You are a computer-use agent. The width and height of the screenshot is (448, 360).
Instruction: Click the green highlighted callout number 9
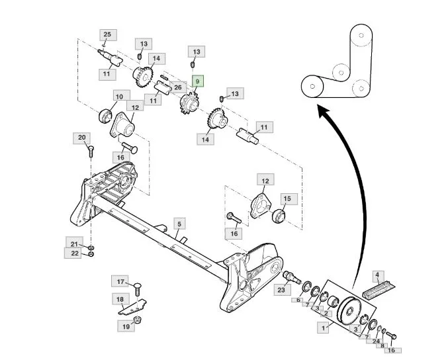coord(198,82)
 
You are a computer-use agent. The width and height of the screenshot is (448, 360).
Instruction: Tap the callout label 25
coord(107,35)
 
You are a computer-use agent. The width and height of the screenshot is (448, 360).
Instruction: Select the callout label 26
coord(178,87)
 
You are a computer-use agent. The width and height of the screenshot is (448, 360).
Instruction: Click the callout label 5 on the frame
coord(179,224)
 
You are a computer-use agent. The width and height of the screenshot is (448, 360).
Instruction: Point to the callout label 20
coord(81,138)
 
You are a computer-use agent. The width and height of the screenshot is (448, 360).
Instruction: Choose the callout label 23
coord(281,290)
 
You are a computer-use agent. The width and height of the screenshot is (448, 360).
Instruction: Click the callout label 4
coord(377,275)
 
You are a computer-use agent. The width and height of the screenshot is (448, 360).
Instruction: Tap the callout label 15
coord(287,199)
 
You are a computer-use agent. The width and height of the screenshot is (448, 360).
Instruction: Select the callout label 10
coord(119,97)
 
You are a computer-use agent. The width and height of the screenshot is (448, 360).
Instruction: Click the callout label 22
coord(75,253)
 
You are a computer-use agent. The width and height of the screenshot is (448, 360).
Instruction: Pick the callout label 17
coord(120,282)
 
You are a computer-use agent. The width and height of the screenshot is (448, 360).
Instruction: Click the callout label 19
coord(126,327)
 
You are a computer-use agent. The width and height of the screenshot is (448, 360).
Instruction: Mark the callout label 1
coord(324,328)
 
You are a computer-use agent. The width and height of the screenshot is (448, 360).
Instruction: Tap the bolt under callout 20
coord(91,151)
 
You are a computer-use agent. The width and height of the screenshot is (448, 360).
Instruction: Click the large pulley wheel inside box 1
coord(349,312)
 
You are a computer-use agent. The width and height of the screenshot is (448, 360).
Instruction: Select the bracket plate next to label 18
coord(133,307)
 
